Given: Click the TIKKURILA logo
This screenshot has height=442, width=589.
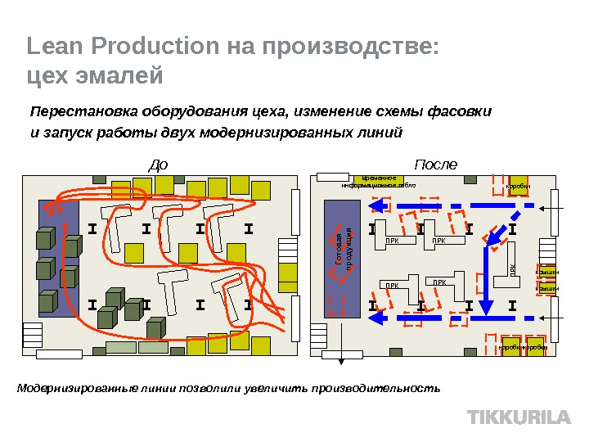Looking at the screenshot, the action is (x=519, y=417).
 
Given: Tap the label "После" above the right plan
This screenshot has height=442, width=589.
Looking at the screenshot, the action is (x=436, y=165).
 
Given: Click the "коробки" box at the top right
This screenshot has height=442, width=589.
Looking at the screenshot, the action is (x=518, y=186).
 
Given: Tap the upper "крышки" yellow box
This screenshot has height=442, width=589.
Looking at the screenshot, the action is (x=546, y=271).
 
